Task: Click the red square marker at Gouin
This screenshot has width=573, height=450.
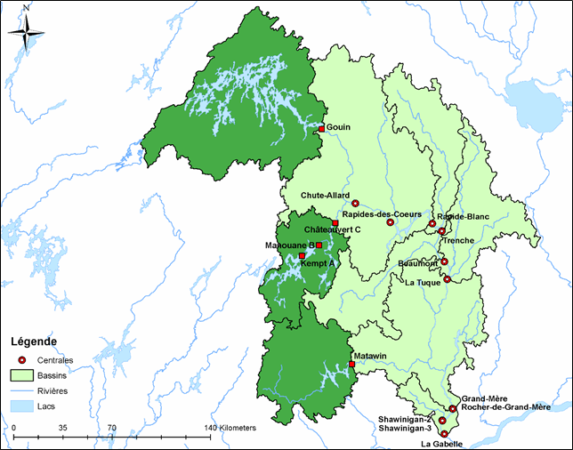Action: tap(321, 129)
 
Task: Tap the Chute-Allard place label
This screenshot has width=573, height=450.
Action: tap(325, 196)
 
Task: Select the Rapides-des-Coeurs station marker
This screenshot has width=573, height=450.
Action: tap(390, 222)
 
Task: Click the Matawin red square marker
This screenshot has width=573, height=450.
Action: tap(351, 364)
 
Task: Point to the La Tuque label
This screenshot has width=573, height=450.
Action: tap(424, 284)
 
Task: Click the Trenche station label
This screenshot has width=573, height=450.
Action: tap(459, 240)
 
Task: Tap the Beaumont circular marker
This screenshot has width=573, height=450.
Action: tap(444, 261)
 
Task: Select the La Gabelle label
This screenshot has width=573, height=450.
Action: tap(442, 442)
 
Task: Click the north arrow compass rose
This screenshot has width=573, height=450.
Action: tap(28, 32)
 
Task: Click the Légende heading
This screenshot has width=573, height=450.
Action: tap(33, 342)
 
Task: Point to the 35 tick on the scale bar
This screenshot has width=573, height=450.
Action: tap(63, 428)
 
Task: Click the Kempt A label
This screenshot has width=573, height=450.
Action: tap(318, 263)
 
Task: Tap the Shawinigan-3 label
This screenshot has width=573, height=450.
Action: tap(405, 428)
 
